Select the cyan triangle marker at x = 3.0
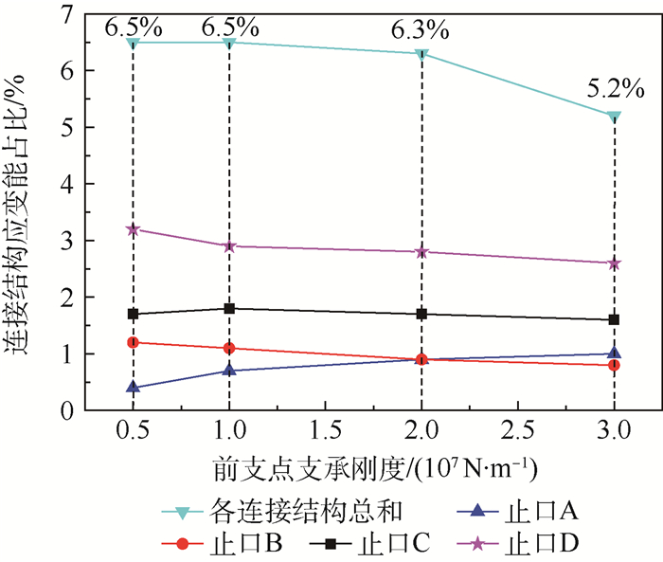(x=615, y=117)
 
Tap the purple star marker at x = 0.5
(x=133, y=229)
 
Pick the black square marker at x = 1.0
(x=229, y=308)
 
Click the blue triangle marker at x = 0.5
(x=133, y=387)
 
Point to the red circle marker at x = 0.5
(x=133, y=342)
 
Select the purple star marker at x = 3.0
(x=615, y=263)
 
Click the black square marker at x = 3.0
(x=615, y=319)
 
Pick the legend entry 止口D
(x=549, y=544)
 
